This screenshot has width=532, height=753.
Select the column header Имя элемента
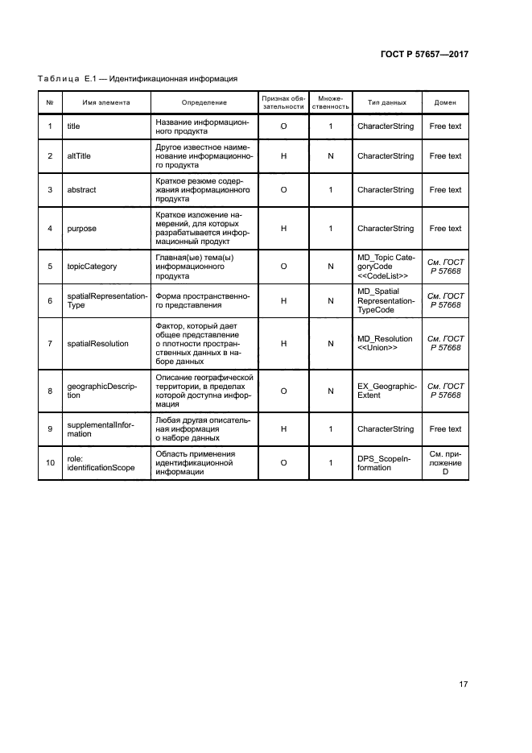click(x=105, y=102)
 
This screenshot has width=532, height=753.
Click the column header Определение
click(x=204, y=102)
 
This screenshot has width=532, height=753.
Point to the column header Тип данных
click(x=386, y=102)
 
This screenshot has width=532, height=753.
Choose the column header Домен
click(x=445, y=102)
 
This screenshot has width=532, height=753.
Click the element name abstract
click(x=81, y=190)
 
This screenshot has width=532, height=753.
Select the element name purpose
click(x=81, y=229)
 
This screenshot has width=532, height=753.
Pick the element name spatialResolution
click(x=97, y=344)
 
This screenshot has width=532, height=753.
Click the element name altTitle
click(x=79, y=156)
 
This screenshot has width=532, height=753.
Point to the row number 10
click(x=50, y=463)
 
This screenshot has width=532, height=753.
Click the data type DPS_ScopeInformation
click(x=384, y=463)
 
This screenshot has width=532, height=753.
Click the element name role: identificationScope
click(x=101, y=463)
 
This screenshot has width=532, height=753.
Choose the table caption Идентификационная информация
click(x=172, y=79)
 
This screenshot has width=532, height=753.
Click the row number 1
click(x=50, y=126)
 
